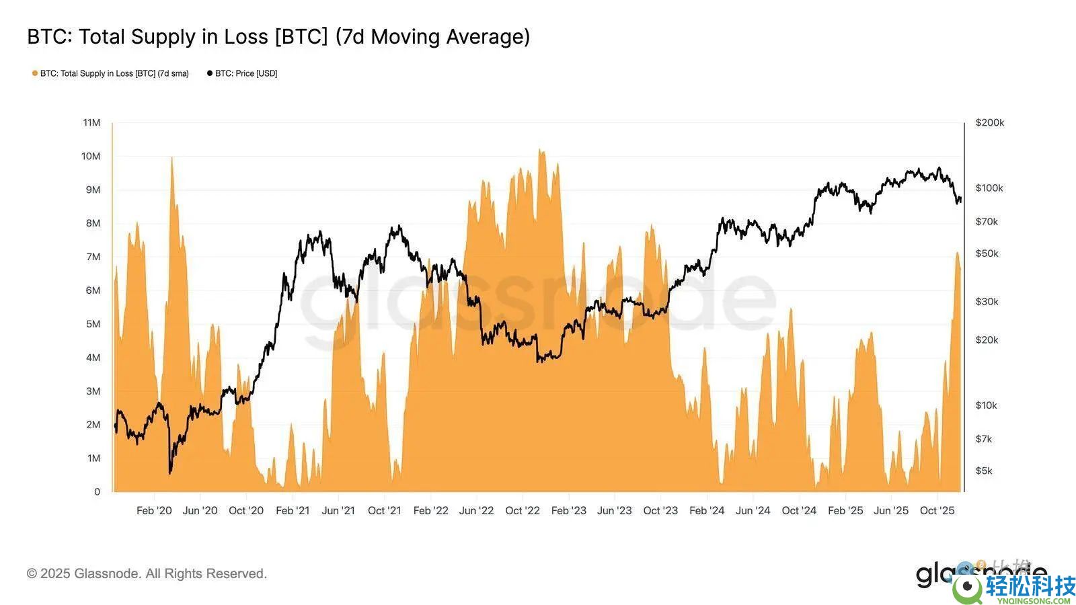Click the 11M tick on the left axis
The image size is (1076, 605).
coord(91,122)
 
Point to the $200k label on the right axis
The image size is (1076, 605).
coord(989,122)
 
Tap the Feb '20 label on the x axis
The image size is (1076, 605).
coord(154,510)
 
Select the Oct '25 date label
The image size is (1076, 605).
coord(937,510)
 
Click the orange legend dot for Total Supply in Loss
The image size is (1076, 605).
coord(35,73)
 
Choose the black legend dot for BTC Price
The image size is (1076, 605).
coord(210,73)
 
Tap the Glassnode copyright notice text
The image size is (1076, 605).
coord(147,573)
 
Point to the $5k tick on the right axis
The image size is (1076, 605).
coord(984,471)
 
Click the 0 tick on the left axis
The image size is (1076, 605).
coord(97,491)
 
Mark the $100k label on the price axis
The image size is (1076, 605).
coord(989,188)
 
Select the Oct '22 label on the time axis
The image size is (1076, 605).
coord(523,510)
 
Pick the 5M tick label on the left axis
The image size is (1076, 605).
coord(93,324)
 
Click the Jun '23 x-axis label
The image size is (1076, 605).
coord(615,510)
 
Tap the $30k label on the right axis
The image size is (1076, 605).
coord(987,301)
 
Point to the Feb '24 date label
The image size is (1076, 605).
coord(707,510)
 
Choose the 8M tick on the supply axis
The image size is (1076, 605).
coord(93,223)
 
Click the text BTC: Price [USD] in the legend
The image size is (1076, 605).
coord(246,73)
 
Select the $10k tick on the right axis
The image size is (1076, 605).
coord(987,405)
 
